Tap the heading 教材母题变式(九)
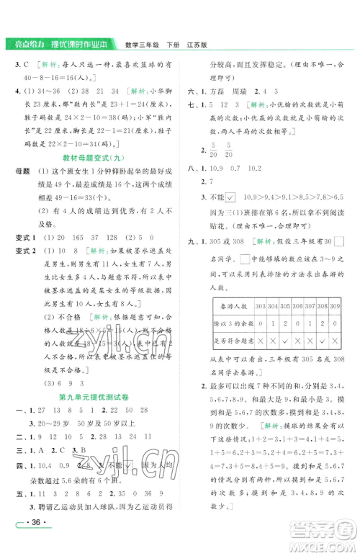(91, 157)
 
